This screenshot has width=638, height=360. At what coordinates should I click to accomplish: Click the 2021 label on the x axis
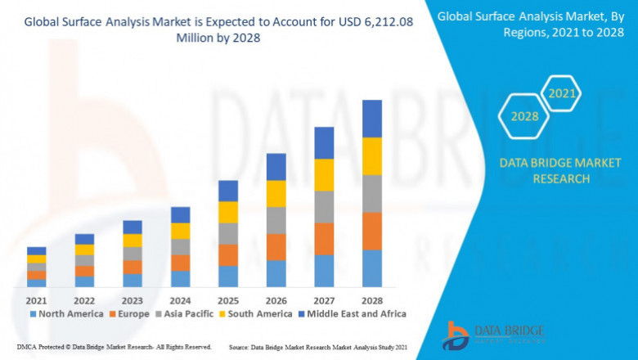tap(36, 299)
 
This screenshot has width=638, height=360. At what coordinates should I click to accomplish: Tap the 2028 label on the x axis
tap(372, 299)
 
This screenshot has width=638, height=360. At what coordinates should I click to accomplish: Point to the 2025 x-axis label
tap(228, 299)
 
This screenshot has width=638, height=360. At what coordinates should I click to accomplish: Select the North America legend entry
tap(66, 313)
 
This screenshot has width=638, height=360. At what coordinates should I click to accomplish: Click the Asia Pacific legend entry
tap(184, 313)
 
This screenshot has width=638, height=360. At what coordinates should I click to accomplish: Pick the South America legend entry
tap(256, 313)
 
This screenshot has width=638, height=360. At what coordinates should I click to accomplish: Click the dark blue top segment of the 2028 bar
tap(372, 119)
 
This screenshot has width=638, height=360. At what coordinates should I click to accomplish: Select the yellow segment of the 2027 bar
tap(324, 174)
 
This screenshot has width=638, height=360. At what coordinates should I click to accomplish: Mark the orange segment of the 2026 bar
tap(276, 247)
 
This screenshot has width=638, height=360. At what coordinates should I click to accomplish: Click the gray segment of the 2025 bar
tap(228, 233)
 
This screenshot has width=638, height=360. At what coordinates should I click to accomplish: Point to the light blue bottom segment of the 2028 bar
tap(372, 268)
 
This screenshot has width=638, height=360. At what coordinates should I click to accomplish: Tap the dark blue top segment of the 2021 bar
tap(36, 250)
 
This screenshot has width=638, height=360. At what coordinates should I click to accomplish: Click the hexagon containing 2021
tap(562, 94)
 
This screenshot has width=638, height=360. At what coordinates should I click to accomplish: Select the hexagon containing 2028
tap(524, 116)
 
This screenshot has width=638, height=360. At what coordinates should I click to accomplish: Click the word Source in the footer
tap(242, 347)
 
